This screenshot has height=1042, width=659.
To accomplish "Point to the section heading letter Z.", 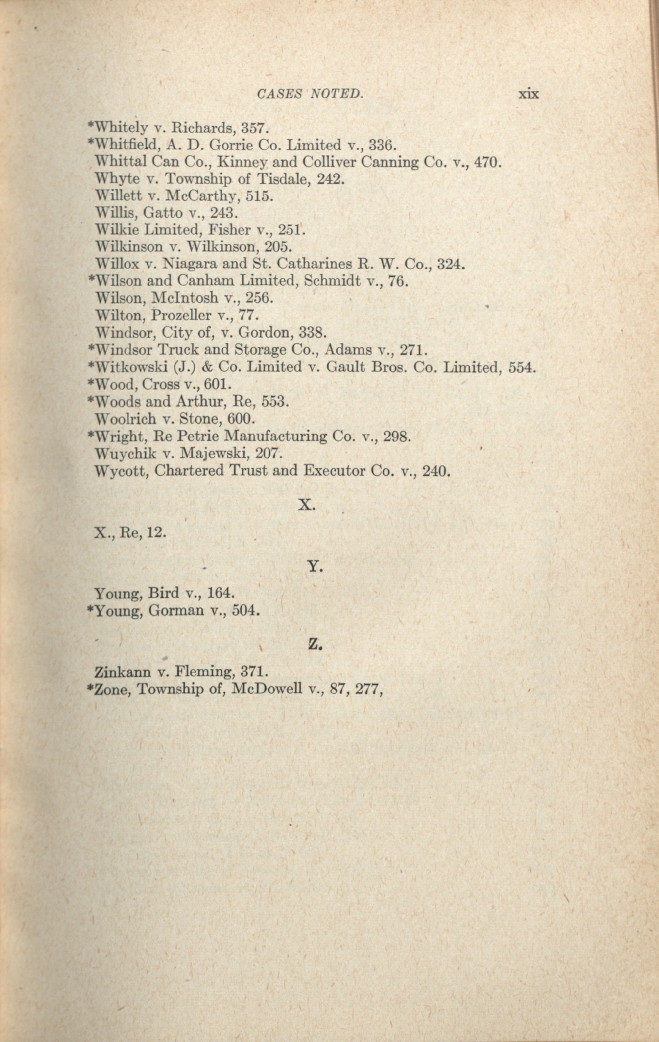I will point(315,645).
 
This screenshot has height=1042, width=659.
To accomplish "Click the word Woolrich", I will point(123,419).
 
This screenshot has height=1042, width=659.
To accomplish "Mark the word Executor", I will point(333,470).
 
